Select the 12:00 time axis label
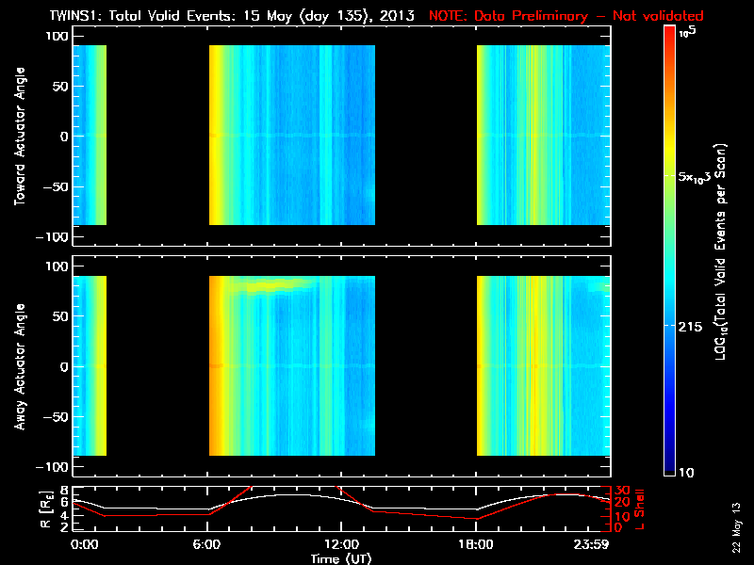click(x=341, y=544)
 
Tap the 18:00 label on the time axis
click(x=476, y=544)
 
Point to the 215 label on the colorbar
click(x=693, y=325)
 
